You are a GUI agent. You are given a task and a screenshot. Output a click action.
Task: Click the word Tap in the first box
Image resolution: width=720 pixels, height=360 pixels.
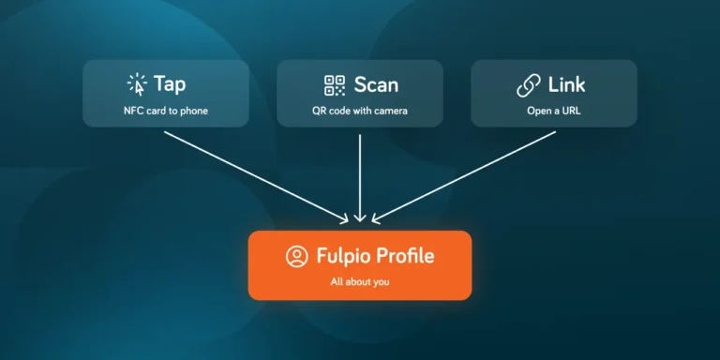tap(170, 84)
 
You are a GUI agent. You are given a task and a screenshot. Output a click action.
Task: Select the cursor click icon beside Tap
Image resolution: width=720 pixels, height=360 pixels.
tap(137, 85)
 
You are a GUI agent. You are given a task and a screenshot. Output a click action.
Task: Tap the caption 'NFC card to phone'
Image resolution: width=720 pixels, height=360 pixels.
tap(166, 112)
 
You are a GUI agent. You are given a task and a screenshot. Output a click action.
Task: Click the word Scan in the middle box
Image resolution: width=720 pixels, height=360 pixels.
tap(376, 85)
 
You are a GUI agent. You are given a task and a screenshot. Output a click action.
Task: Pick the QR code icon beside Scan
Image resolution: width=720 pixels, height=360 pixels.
tap(335, 85)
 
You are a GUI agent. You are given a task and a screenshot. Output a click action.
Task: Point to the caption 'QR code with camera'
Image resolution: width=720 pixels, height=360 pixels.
tap(360, 112)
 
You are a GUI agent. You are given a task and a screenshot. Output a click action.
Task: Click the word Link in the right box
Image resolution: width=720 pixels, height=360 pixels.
tap(566, 84)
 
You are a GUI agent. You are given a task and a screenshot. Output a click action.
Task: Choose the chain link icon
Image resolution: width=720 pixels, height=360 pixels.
tap(529, 86)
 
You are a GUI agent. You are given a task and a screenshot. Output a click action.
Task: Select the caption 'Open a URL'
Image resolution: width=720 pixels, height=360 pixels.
tap(554, 112)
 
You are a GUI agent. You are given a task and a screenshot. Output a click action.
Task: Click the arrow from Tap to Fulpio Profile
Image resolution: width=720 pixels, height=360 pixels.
tap(256, 178)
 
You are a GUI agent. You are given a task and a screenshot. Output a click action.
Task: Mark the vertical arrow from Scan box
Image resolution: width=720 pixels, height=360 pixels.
tap(360, 178)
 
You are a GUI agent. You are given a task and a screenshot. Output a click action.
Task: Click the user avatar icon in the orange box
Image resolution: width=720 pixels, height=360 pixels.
tap(297, 256)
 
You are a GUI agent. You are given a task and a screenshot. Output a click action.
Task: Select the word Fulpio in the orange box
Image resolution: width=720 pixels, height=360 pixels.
tap(342, 256)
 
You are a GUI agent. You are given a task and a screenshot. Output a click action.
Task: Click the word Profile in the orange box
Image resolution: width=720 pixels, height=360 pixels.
tap(404, 256)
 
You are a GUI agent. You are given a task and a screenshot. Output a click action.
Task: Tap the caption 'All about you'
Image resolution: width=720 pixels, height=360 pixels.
tap(360, 281)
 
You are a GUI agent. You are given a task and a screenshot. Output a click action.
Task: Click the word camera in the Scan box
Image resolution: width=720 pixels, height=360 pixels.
tap(392, 112)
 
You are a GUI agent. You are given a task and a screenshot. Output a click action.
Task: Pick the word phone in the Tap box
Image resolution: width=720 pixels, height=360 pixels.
tap(194, 112)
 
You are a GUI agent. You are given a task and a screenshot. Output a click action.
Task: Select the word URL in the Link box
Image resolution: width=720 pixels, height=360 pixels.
tap(570, 112)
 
